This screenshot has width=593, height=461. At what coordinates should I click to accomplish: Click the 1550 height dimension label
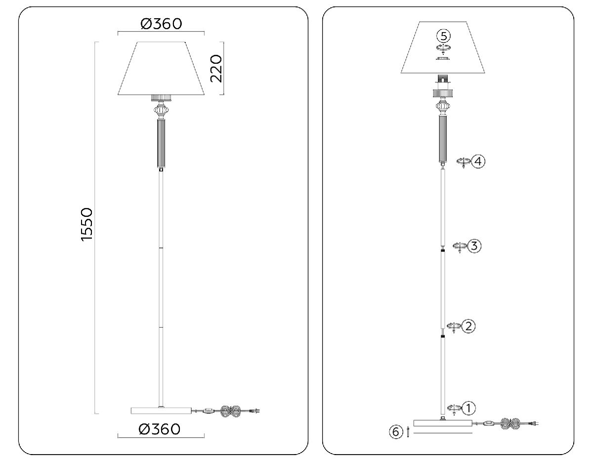click(86, 224)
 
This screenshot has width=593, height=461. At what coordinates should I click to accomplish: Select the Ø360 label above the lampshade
click(161, 23)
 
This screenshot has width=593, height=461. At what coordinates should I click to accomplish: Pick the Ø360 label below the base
click(160, 429)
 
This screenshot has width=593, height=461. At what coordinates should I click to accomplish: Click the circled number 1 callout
click(469, 408)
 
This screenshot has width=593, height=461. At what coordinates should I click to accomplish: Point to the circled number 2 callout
click(469, 326)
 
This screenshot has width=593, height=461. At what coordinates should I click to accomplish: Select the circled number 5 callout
click(444, 36)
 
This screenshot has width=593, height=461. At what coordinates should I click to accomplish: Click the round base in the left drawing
click(161, 410)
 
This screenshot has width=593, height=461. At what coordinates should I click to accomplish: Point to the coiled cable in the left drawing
click(231, 411)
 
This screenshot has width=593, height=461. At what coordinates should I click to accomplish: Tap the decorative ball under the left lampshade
click(161, 110)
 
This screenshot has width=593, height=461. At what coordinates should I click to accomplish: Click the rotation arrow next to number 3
click(460, 246)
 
